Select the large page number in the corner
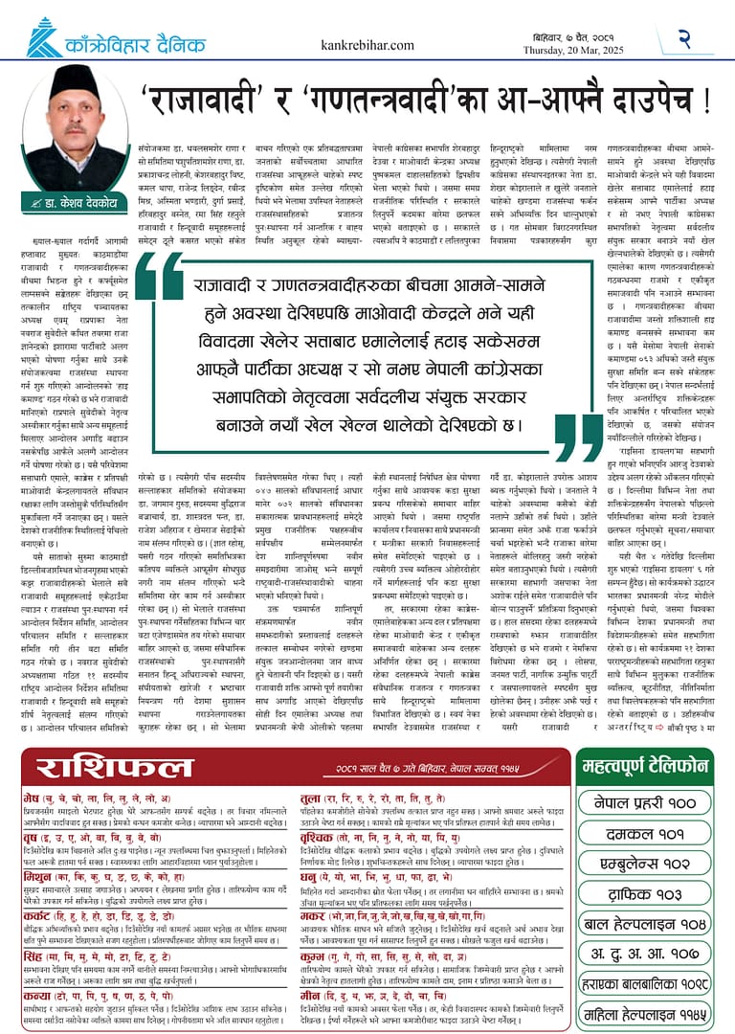(685, 38)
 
